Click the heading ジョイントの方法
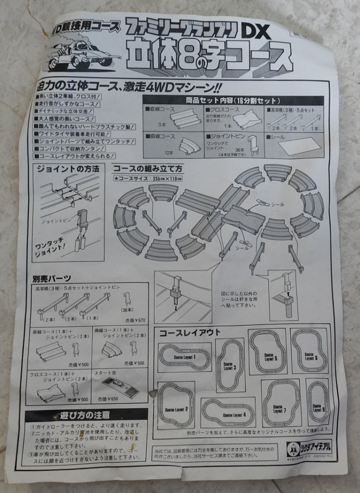pos(69,168)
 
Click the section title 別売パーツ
pos(51,278)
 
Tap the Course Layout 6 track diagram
pos(309,351)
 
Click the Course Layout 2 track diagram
pos(176,404)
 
